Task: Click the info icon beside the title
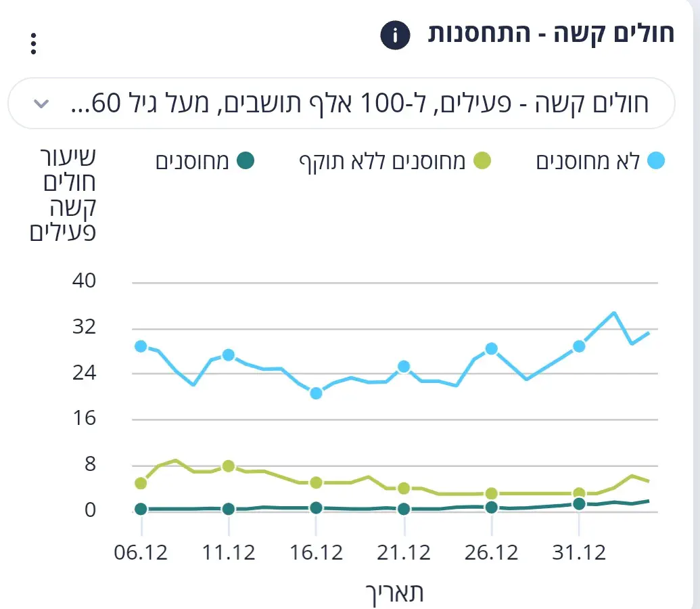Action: [396, 35]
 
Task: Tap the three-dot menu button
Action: [33, 43]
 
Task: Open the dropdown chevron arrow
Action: [41, 104]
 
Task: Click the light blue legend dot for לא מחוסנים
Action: [655, 161]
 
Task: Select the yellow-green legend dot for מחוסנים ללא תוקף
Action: [481, 161]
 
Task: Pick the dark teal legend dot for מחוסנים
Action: [246, 161]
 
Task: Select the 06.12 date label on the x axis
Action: [141, 552]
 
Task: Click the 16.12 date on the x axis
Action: [316, 552]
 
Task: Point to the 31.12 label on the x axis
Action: [579, 552]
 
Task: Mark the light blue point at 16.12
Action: [316, 393]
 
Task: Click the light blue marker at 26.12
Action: [492, 349]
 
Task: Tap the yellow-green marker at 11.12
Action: [229, 466]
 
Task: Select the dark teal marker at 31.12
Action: [579, 503]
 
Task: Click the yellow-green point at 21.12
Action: [404, 489]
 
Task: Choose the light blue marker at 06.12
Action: [141, 346]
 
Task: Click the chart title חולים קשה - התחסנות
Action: [551, 34]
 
